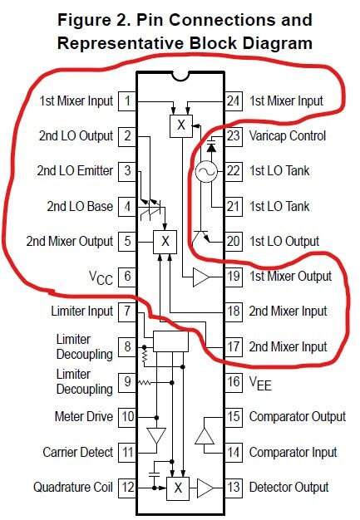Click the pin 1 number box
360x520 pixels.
(127, 101)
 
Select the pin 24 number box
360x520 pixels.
(234, 101)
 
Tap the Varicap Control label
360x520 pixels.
(288, 136)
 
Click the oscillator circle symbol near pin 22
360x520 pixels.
(206, 171)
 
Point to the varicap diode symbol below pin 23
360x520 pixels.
(211, 147)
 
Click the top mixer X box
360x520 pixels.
(181, 126)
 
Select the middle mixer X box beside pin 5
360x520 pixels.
(165, 242)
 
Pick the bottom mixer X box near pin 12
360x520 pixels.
(178, 488)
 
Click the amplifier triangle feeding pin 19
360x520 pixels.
(201, 277)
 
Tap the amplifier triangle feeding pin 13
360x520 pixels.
(205, 488)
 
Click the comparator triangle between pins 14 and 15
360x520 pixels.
(205, 436)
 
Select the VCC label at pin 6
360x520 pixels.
(101, 277)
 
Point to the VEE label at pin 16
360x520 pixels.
(260, 384)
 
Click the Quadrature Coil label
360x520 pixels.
(73, 487)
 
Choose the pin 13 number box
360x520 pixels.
(234, 488)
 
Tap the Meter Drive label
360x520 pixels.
(84, 416)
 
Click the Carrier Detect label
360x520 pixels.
(78, 452)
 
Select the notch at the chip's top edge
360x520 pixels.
(180, 76)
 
